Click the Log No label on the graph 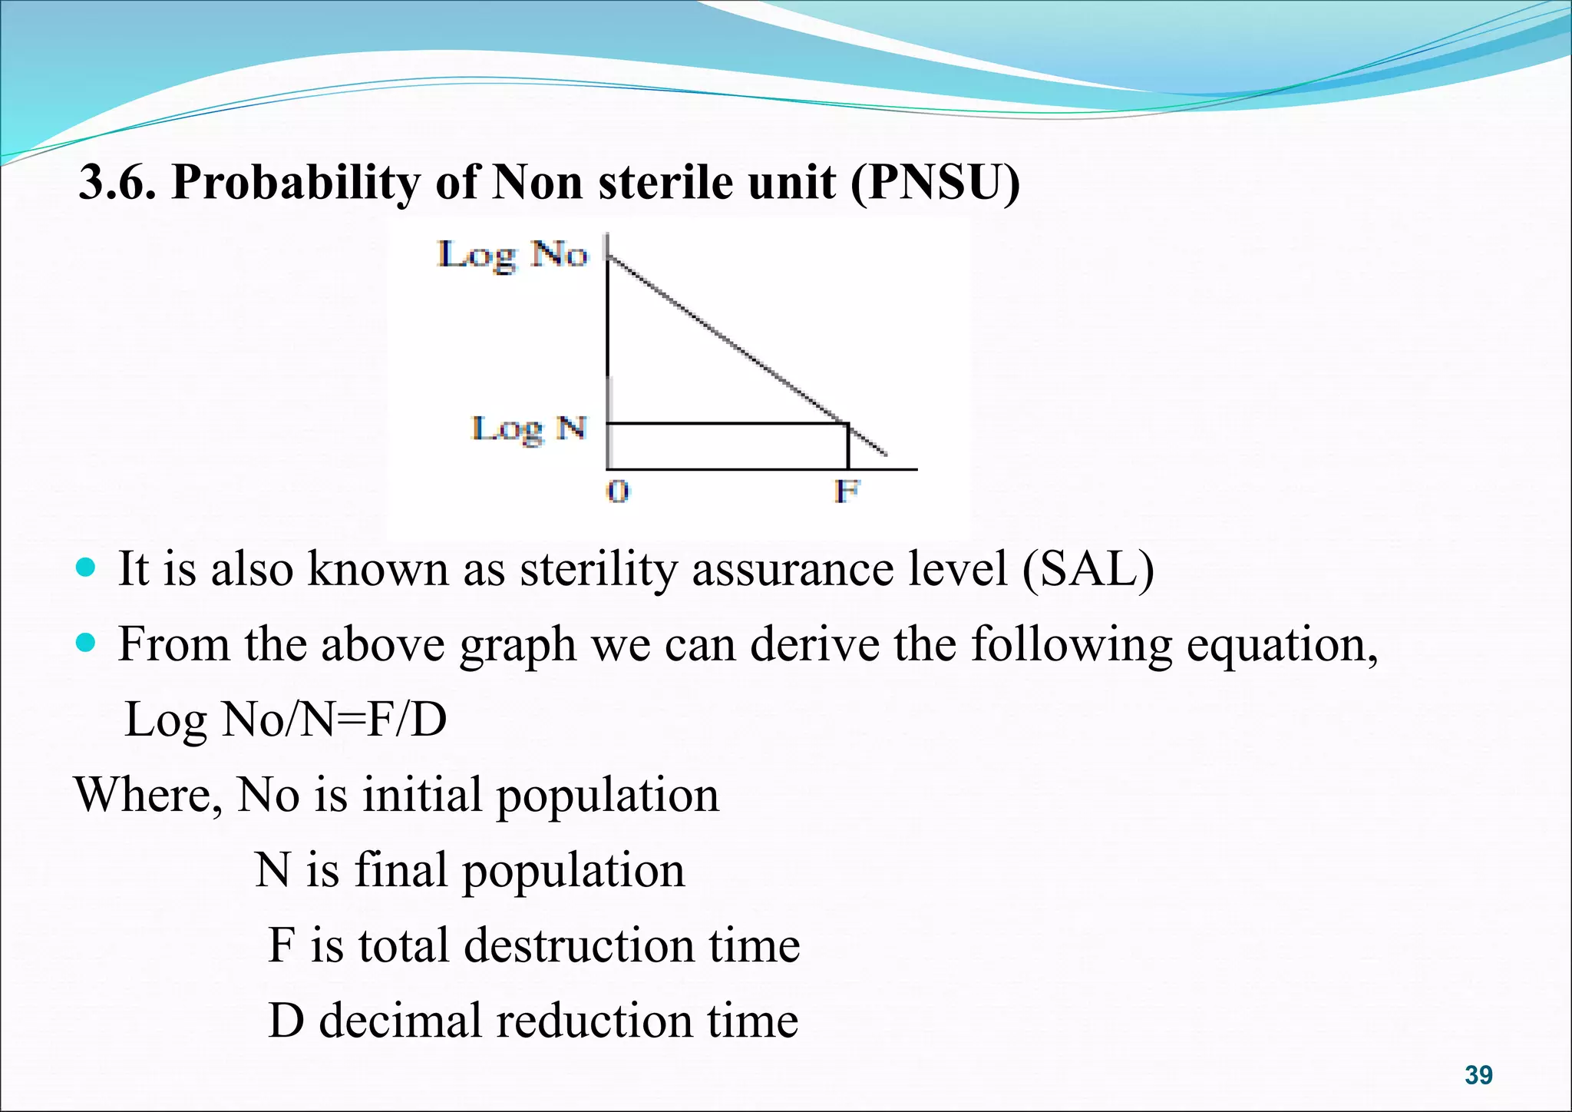(x=513, y=254)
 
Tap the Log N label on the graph (x=529, y=429)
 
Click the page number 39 (x=1478, y=1075)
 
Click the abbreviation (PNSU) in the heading (x=935, y=183)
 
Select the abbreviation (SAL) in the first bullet (x=1088, y=570)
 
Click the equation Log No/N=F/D (x=285, y=720)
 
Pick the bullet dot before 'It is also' (x=87, y=569)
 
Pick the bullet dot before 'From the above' (x=87, y=643)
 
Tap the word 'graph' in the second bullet (x=517, y=645)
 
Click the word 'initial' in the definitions (x=421, y=796)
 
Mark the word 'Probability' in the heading (x=296, y=183)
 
